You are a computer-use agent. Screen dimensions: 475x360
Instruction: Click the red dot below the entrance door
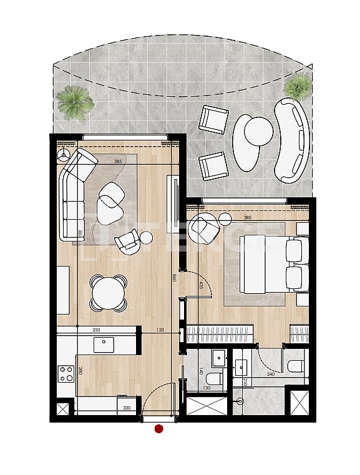(x=158, y=429)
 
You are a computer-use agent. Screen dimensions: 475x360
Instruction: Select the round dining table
(x=107, y=291)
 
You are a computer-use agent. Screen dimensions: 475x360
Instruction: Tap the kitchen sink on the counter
(x=104, y=344)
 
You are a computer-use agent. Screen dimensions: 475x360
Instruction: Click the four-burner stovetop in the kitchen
(x=66, y=374)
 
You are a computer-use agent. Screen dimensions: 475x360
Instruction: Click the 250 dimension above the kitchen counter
(x=96, y=330)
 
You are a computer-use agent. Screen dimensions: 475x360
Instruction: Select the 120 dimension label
(x=160, y=330)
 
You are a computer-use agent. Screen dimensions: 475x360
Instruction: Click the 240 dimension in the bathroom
(x=270, y=375)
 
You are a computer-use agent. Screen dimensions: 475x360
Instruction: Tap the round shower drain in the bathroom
(x=240, y=403)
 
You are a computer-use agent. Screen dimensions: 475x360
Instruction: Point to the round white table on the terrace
(x=258, y=131)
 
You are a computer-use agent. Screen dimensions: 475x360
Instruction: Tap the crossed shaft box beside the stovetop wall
(x=64, y=410)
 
